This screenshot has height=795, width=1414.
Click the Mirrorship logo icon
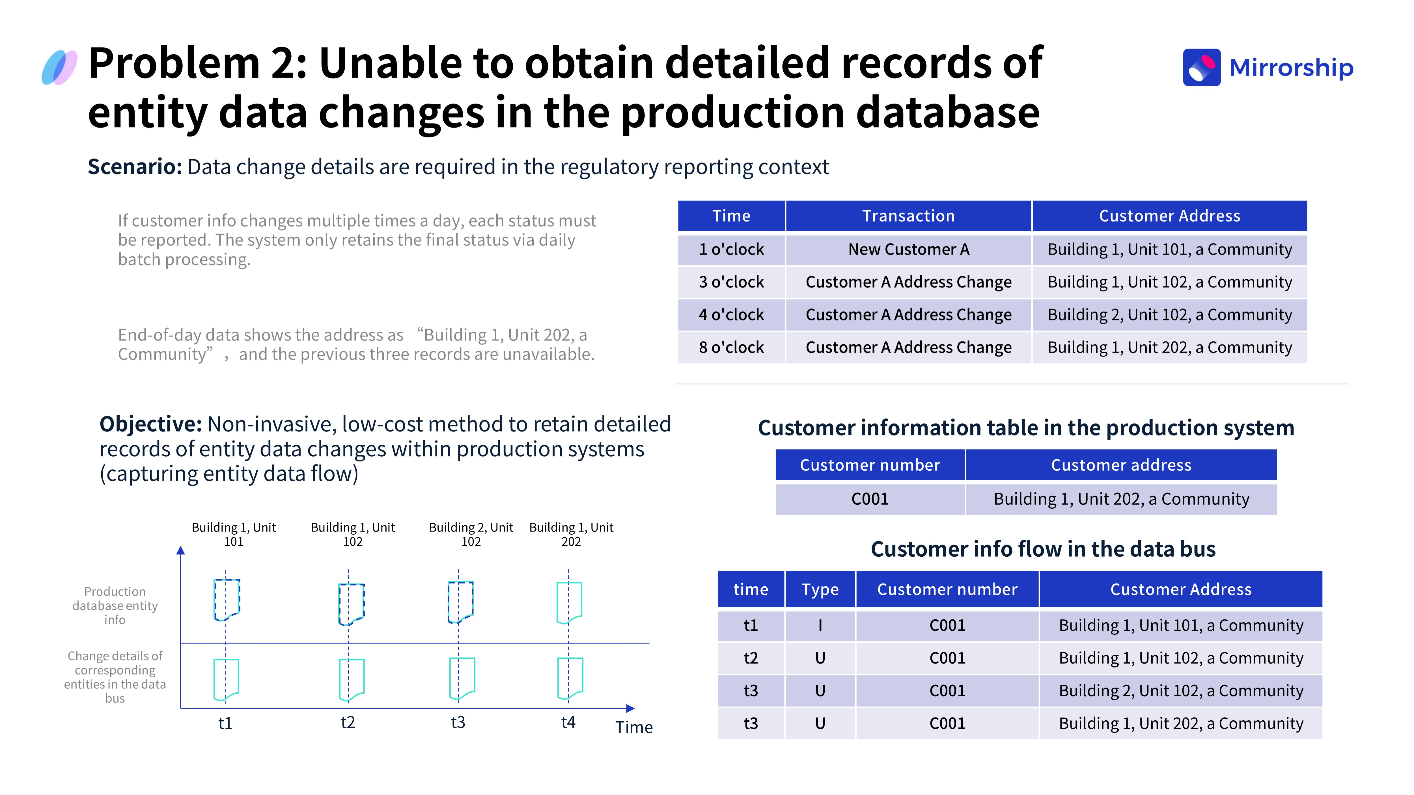tap(1202, 68)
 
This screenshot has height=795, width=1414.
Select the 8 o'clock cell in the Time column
tap(731, 347)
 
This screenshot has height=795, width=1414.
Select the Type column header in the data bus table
tap(820, 589)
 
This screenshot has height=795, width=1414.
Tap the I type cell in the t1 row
tap(820, 625)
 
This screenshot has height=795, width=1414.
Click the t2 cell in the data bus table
tap(751, 658)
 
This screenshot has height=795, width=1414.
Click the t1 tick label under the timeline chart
tap(225, 723)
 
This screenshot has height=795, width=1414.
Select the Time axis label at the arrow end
tap(634, 727)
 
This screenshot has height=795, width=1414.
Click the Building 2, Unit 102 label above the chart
tap(471, 534)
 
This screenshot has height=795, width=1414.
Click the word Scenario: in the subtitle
tap(135, 167)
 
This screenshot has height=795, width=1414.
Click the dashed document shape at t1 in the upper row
tap(227, 600)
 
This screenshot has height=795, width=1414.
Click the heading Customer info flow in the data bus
tap(1043, 549)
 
